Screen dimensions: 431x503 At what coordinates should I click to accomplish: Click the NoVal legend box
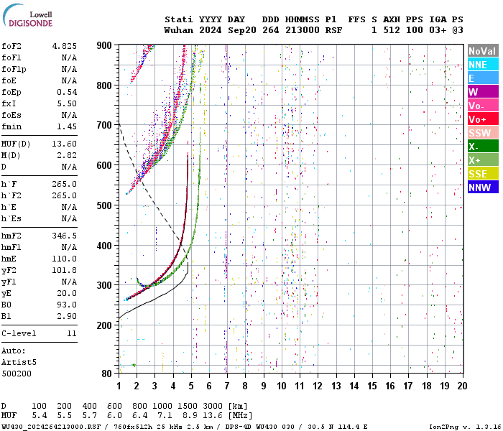[481, 51]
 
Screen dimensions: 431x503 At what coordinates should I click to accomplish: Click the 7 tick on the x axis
[226, 386]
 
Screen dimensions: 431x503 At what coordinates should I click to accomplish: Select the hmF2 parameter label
[14, 236]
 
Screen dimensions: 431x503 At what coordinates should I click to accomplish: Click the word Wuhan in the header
[179, 30]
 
